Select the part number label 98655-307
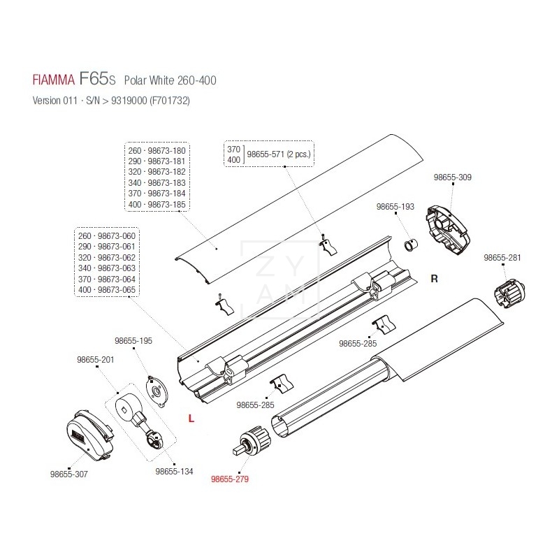(69, 474)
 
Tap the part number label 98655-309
(453, 177)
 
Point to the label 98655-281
(503, 258)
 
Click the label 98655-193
(395, 207)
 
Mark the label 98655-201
(95, 359)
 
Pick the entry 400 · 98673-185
(157, 203)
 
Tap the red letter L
(191, 418)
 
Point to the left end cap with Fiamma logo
(87, 434)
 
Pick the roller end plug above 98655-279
(254, 440)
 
